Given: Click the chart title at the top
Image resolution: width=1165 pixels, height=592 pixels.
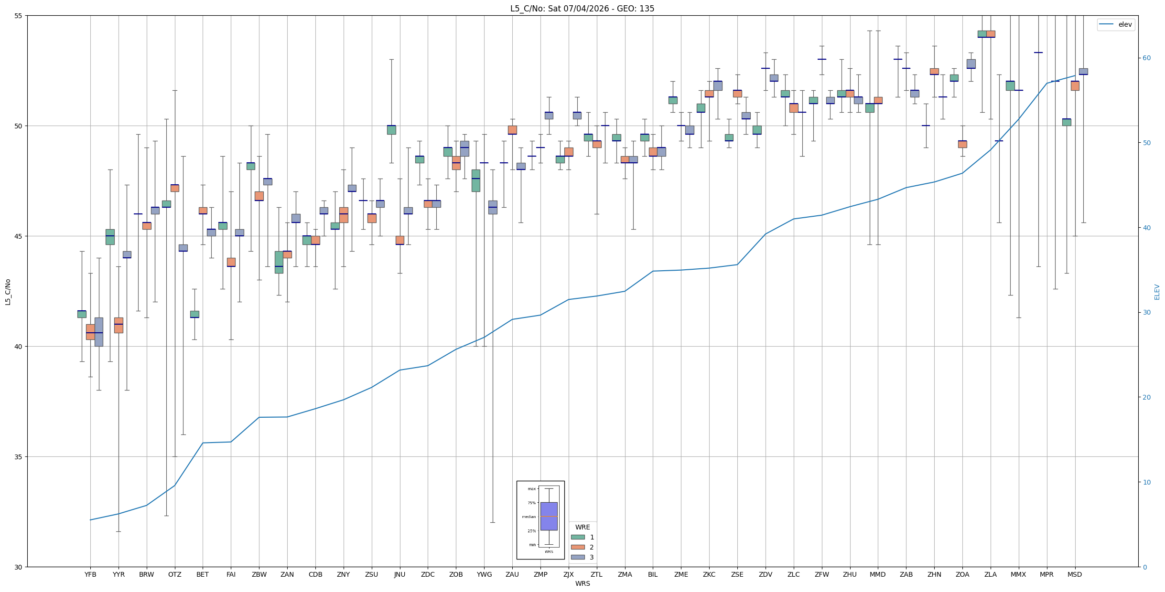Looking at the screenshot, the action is click(582, 9).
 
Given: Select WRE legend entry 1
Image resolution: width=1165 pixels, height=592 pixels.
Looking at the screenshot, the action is click(582, 537).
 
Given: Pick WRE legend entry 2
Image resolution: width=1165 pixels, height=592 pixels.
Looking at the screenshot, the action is click(582, 547).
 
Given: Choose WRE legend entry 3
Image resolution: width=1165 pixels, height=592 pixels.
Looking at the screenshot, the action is click(582, 557).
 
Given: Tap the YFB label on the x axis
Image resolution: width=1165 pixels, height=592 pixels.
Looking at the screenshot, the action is click(90, 574).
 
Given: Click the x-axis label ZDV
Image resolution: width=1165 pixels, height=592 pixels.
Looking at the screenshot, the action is click(766, 574).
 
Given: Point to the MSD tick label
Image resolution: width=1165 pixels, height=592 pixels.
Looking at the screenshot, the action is click(1075, 574).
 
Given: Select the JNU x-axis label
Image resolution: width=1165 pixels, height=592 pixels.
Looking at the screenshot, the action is click(400, 574).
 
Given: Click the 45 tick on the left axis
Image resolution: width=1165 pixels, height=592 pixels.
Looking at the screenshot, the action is click(21, 236).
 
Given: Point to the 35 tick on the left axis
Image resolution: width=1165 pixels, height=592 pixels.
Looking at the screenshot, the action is click(21, 457).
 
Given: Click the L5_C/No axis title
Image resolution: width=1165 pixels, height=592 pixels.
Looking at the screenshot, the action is click(8, 292).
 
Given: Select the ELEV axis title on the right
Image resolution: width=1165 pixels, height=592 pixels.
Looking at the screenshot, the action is click(1157, 292).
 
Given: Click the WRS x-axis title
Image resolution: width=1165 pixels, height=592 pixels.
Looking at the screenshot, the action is click(582, 583).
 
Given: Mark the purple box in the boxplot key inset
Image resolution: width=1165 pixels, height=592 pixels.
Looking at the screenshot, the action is click(549, 516).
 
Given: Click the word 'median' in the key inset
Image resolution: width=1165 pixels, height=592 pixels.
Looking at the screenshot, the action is click(529, 517).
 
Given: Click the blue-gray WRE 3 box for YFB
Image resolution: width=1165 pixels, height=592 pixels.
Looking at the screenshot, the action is click(99, 332).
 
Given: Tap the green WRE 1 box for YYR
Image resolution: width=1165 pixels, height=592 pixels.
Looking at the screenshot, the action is click(110, 237).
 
